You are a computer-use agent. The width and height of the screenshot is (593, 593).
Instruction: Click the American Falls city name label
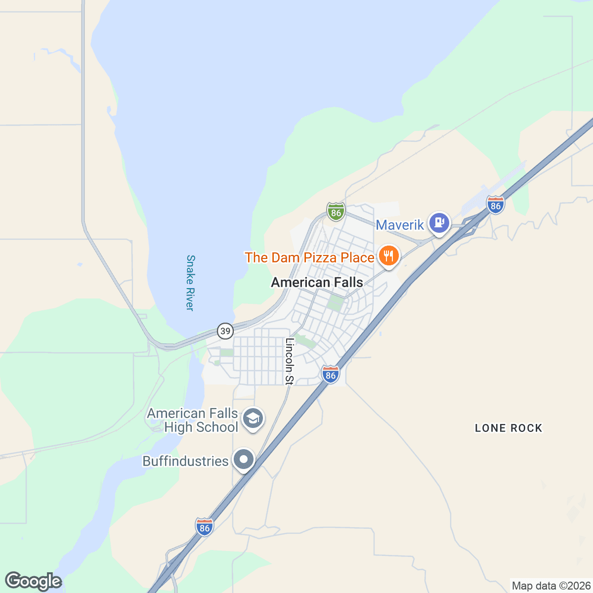[317, 283]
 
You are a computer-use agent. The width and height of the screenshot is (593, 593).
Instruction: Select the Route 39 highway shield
[225, 331]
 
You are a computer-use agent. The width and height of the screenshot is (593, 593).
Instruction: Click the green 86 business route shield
[336, 212]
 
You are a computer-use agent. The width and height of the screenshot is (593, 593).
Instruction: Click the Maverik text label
[400, 225]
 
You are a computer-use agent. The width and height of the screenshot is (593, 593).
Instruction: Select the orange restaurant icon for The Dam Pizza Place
[389, 256]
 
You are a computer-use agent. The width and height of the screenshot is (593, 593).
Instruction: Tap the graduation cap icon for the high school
[254, 419]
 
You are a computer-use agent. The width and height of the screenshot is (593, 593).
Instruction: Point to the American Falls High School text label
[193, 420]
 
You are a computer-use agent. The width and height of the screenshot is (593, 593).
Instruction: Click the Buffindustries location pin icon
[243, 460]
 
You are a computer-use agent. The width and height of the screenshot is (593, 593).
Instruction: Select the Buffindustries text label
[185, 461]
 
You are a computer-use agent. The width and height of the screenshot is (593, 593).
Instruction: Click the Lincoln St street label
[290, 361]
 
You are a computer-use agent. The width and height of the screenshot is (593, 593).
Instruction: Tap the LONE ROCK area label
[508, 428]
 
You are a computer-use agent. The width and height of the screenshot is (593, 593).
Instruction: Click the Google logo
[33, 582]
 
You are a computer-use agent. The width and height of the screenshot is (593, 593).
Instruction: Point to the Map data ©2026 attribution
[551, 586]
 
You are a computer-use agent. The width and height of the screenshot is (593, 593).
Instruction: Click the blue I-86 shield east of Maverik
[495, 205]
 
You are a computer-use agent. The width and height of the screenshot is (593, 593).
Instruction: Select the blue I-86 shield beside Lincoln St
[331, 375]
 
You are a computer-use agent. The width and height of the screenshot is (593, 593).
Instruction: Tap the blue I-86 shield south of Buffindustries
[205, 527]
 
